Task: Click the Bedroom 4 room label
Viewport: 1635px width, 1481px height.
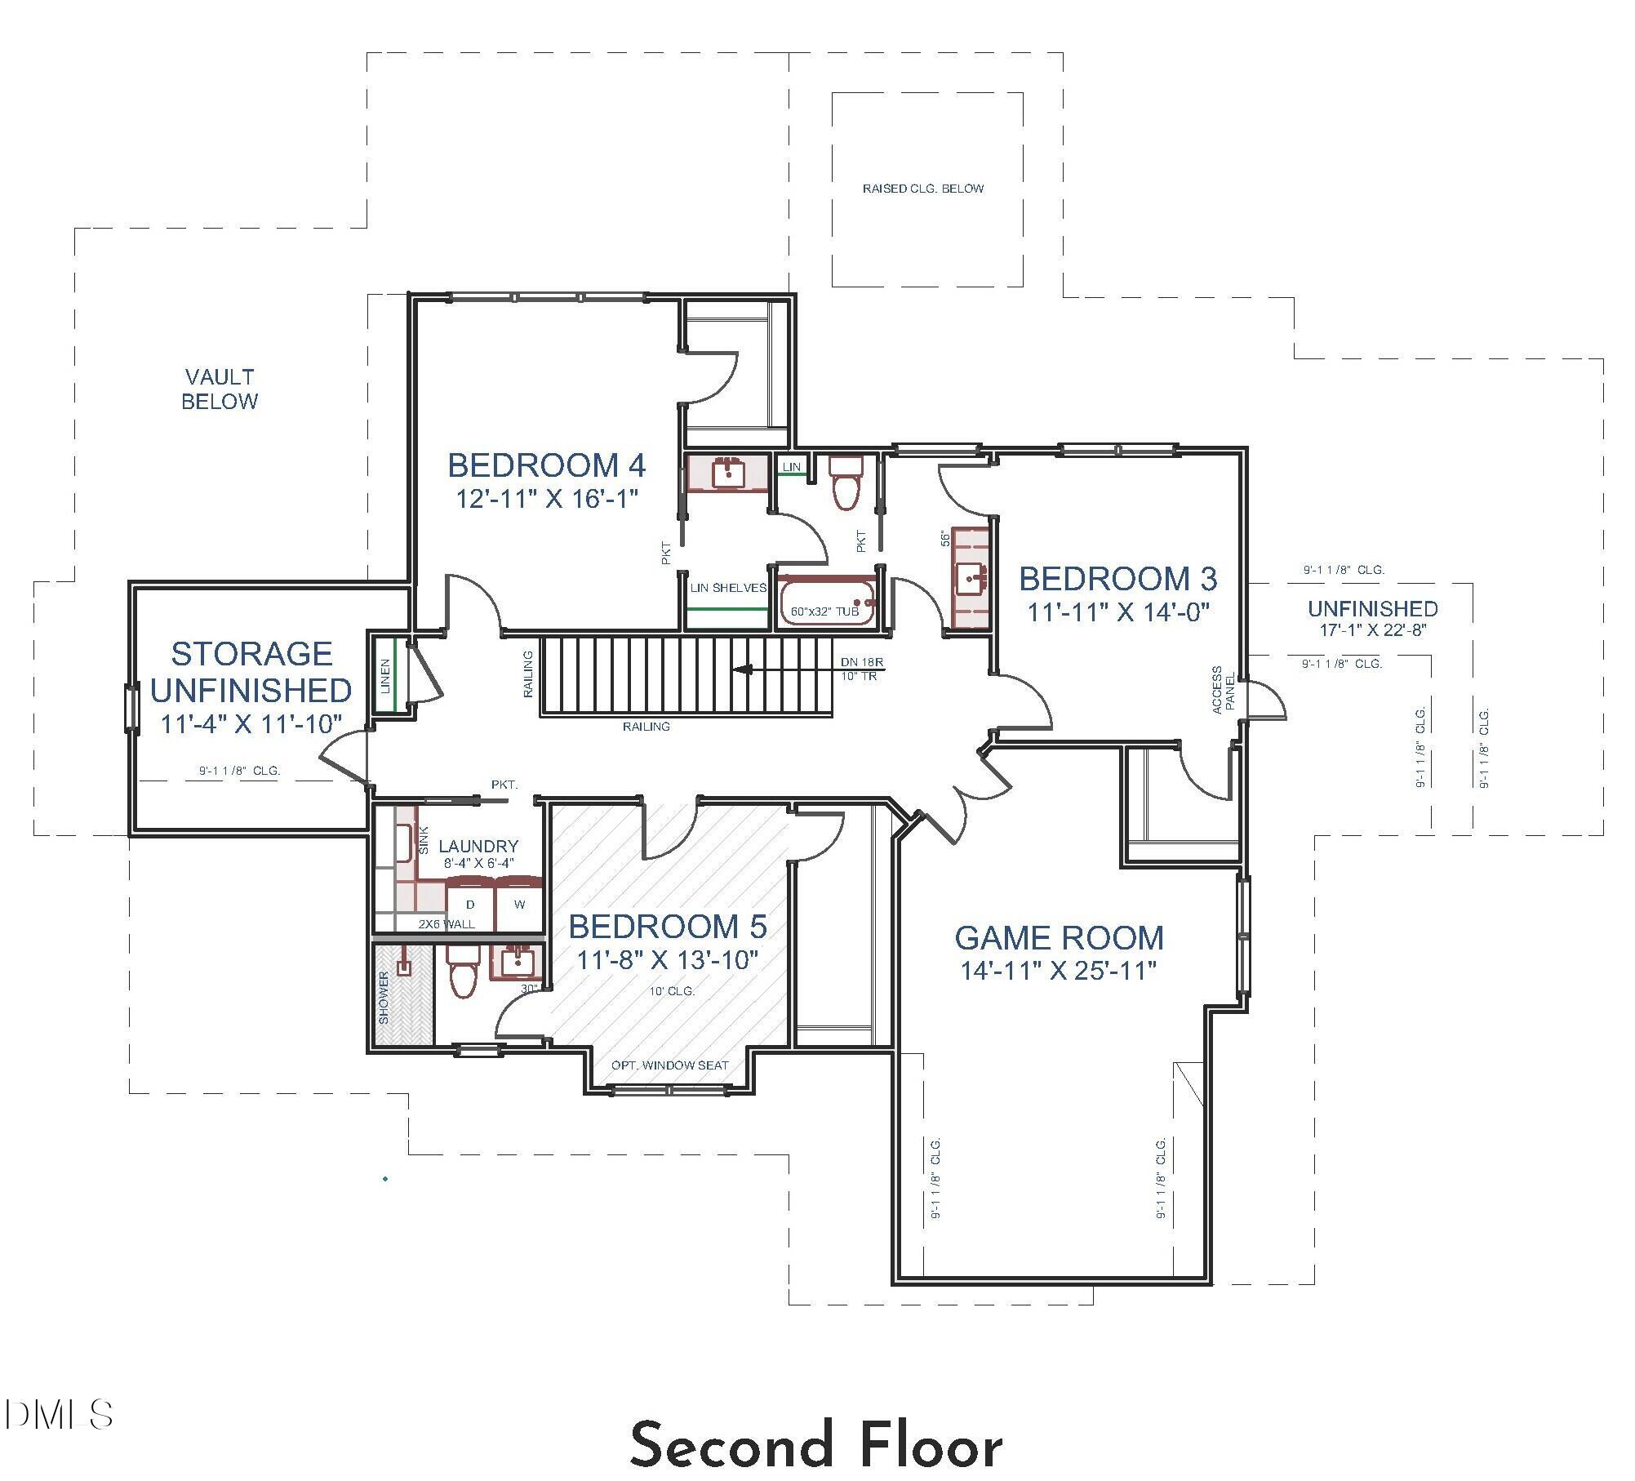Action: (x=546, y=465)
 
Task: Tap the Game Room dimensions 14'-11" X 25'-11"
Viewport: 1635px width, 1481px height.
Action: (x=1059, y=971)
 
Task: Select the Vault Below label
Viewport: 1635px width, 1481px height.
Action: (x=220, y=389)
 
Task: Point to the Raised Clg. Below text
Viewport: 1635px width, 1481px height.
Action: (x=923, y=189)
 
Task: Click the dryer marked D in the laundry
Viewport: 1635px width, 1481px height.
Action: (x=470, y=905)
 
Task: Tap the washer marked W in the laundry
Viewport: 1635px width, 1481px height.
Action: (x=519, y=905)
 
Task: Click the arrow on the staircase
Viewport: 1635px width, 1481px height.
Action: (x=743, y=670)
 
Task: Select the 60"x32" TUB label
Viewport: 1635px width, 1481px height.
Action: (x=824, y=612)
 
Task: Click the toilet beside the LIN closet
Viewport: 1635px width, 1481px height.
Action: (x=846, y=482)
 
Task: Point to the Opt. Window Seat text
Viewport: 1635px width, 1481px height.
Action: (x=669, y=1065)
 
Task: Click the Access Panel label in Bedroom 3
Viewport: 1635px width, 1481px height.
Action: (x=1224, y=691)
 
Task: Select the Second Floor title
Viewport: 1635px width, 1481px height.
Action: (x=816, y=1445)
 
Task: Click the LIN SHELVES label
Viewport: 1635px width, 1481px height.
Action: (x=728, y=588)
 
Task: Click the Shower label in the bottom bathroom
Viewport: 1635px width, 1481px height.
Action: (x=384, y=998)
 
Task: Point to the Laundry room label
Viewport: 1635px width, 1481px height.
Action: (x=478, y=847)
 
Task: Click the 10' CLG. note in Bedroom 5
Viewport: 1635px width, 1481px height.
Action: (x=672, y=991)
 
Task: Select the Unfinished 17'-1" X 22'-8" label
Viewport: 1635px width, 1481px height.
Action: (x=1372, y=619)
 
